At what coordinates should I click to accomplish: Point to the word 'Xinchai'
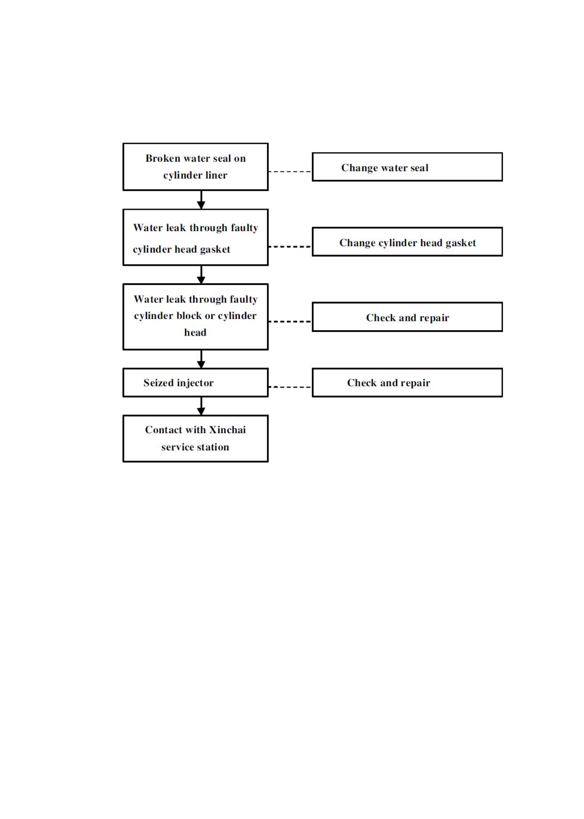(x=227, y=430)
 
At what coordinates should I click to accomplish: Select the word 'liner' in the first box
(x=216, y=175)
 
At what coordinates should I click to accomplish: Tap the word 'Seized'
(x=159, y=383)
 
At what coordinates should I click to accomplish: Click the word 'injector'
(x=195, y=383)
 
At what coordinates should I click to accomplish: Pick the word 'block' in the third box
(x=190, y=315)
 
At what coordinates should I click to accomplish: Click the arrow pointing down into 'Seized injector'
(x=201, y=359)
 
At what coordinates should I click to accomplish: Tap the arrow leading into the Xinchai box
(x=201, y=406)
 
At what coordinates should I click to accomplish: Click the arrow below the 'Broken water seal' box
(x=201, y=200)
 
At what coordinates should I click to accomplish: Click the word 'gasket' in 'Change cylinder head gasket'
(x=461, y=243)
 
